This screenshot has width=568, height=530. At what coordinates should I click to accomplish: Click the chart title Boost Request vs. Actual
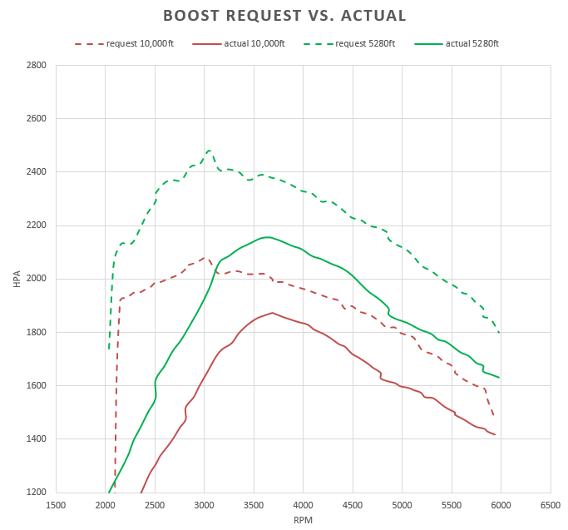coord(284,16)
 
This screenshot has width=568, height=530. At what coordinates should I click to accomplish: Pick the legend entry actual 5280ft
coord(472,43)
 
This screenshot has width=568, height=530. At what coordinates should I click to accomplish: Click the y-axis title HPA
coord(17,279)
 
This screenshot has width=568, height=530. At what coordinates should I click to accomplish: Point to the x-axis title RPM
coord(304,519)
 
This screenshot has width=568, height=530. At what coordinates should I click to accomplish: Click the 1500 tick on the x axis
coord(56,504)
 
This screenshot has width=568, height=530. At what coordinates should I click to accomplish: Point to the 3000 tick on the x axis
coord(205,504)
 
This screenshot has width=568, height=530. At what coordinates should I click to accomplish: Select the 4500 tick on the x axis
coord(353,504)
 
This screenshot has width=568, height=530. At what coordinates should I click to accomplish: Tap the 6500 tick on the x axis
coord(551,504)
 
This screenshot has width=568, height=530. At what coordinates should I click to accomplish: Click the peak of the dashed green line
coord(209,151)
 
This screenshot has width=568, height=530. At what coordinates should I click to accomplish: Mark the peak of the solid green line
coord(266,237)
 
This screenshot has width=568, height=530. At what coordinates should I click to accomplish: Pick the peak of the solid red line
coord(272,313)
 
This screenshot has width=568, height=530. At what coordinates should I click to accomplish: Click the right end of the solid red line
coord(495,434)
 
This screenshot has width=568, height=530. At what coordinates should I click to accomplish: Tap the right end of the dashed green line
coord(499,332)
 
